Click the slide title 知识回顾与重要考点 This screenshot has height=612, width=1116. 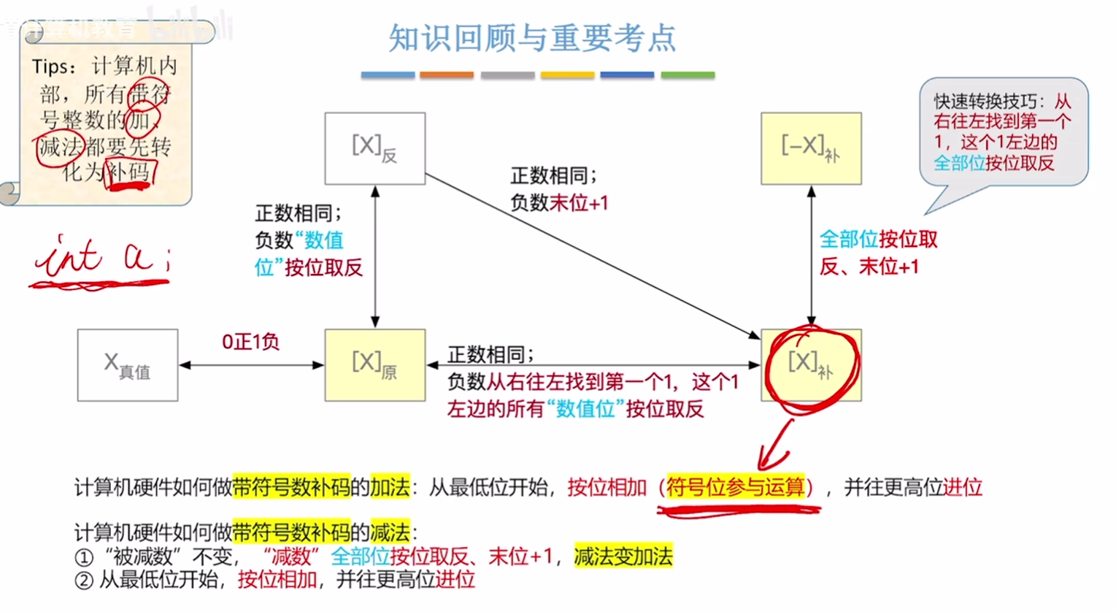coord(532,38)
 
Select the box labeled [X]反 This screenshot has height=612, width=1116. coord(374,148)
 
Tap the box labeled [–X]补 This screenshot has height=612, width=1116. coord(810,148)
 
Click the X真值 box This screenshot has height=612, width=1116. coord(128,365)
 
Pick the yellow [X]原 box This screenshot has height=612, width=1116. coord(374,364)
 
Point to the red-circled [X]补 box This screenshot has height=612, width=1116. coord(810,364)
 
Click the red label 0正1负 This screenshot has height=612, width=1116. coord(250,342)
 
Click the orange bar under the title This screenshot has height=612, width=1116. coord(447,75)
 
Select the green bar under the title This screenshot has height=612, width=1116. coord(688,75)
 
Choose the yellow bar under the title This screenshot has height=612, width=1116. coord(567,75)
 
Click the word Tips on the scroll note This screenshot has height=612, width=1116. coord(50,67)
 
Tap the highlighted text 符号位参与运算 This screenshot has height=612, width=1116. coord(735,487)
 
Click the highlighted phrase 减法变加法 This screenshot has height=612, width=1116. coord(623,556)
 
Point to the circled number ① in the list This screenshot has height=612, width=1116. coord(85,557)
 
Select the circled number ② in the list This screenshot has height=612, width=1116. coord(85,581)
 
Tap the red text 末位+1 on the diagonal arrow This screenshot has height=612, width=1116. coord(579,203)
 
